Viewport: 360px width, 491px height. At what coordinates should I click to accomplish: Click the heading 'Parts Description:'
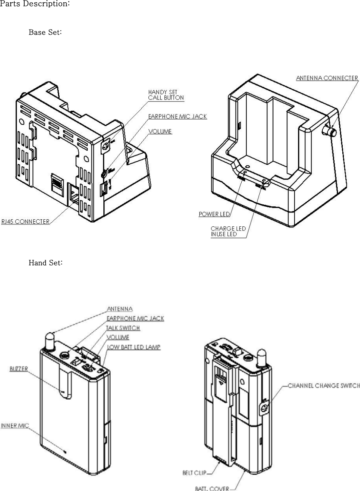pos(35,5)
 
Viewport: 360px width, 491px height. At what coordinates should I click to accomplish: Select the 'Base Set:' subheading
pos(45,32)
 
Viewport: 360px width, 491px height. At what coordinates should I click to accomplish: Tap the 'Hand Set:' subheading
pos(45,263)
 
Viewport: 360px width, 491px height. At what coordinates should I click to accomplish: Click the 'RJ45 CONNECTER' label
pos(25,222)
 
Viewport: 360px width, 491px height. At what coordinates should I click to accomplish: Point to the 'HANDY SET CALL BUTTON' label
pos(166,95)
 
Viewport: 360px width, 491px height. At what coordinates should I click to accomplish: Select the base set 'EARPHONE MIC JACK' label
pos(178,116)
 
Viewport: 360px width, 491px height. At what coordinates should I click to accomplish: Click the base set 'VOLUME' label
pos(160,131)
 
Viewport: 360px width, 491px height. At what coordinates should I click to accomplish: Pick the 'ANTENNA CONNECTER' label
pos(327,78)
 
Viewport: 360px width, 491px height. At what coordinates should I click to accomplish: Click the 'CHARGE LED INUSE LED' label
pos(228,231)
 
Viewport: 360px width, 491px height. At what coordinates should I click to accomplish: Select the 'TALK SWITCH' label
pos(123,328)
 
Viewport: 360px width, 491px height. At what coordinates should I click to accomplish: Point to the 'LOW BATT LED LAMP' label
pos(133,347)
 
